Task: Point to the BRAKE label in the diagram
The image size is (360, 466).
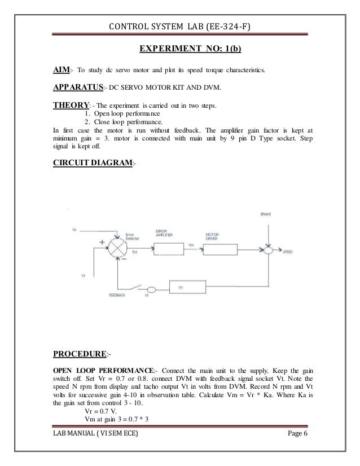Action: (x=265, y=214)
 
